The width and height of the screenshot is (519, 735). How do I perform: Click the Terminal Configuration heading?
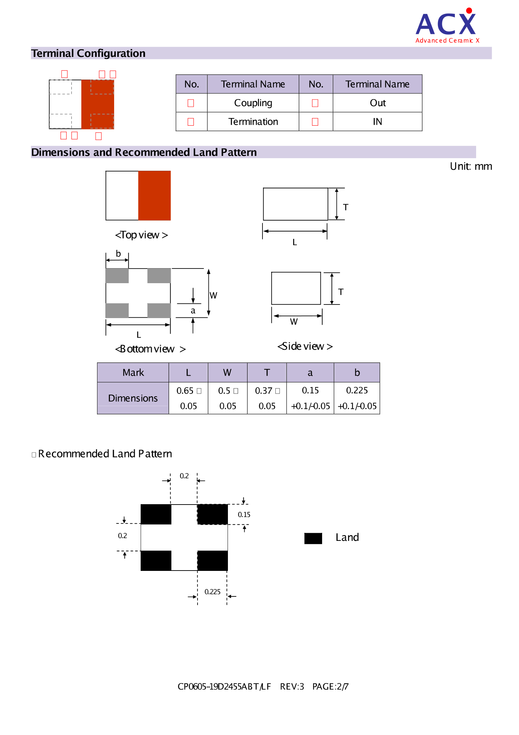coord(88,53)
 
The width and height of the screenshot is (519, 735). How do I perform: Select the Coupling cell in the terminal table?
coord(253,103)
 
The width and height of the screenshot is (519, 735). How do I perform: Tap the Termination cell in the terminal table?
coord(253,122)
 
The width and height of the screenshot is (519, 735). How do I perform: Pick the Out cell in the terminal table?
coord(377,103)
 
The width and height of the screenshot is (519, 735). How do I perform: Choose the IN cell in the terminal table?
coord(377,122)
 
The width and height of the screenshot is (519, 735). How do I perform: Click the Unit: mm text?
coord(470,166)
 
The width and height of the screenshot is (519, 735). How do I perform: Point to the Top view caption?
coord(141,235)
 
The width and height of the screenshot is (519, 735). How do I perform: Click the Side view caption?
coord(305,346)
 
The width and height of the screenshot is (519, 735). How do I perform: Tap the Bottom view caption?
coord(150,349)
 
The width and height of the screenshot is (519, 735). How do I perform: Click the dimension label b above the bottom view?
coord(118,254)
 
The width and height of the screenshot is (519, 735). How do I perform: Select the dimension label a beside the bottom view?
coord(193,310)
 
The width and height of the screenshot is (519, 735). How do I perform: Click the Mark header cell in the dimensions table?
coord(133,373)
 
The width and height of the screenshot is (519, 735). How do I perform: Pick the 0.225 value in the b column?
coord(357,390)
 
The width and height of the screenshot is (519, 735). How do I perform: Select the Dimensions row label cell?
coord(133,398)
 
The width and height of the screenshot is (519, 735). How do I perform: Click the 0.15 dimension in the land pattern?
coord(244,515)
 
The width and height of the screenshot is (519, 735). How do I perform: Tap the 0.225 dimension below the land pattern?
coord(212,592)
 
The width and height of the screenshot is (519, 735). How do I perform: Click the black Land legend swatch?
coord(313,538)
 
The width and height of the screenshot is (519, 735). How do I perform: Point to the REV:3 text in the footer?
coord(292,687)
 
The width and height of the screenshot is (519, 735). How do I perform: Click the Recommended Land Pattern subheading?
coord(105,454)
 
